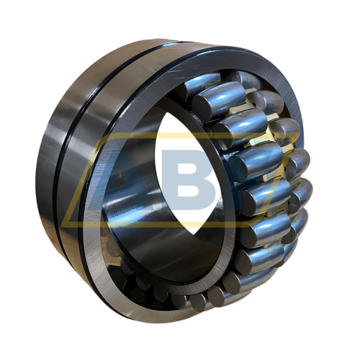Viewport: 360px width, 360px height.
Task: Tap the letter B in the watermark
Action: click(x=189, y=178)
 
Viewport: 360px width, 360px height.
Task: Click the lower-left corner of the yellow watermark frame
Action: click(x=66, y=224)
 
